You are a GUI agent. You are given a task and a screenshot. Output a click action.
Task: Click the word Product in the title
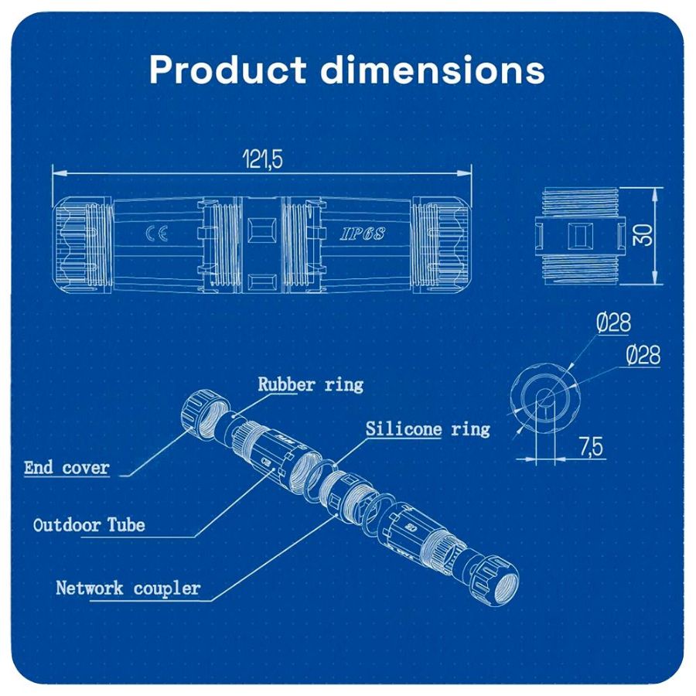(x=227, y=70)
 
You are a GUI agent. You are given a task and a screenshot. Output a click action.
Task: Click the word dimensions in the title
(x=432, y=70)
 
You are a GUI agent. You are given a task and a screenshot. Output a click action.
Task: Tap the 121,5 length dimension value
(x=262, y=159)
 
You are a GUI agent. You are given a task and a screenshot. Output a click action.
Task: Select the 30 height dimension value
(x=643, y=235)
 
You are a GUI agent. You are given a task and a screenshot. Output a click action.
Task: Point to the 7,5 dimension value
(x=591, y=446)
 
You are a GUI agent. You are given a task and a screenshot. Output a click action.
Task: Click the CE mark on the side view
(x=156, y=234)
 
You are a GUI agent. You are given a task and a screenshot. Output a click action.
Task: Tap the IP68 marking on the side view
(x=363, y=234)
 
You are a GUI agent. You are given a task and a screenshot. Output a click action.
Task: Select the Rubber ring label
(x=310, y=384)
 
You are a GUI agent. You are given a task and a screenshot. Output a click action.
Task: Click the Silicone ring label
(x=428, y=428)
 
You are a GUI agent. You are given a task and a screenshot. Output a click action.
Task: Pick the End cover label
(x=67, y=467)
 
